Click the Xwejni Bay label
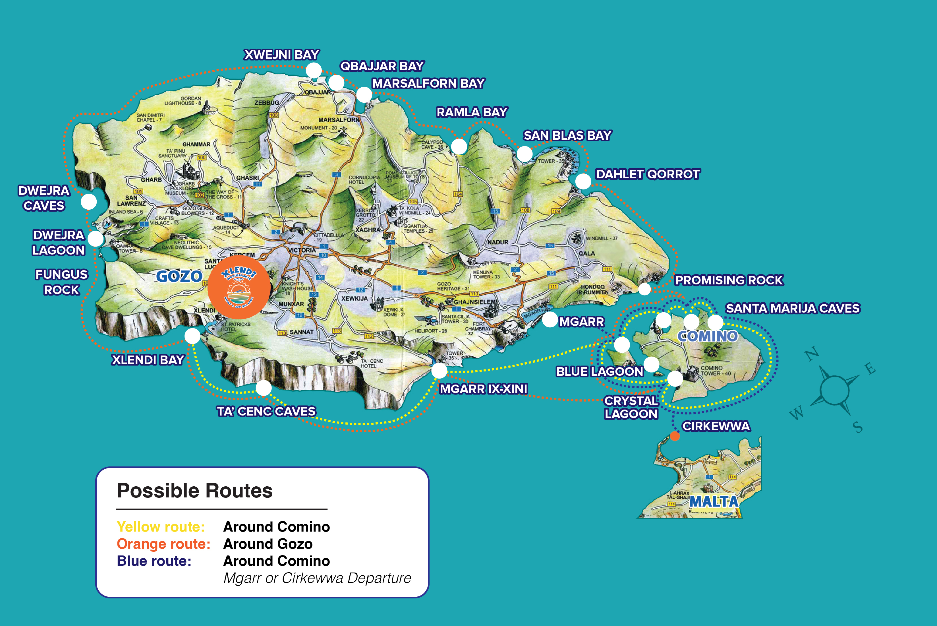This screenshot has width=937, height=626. (281, 55)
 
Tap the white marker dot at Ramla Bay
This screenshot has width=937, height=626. (459, 146)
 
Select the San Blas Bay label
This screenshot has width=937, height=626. (567, 136)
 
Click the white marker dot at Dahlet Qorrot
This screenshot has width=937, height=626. (583, 181)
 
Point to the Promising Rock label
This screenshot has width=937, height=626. (729, 280)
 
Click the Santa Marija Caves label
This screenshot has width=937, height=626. (793, 309)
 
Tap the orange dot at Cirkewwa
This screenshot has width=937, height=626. (675, 436)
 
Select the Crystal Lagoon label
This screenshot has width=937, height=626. (631, 407)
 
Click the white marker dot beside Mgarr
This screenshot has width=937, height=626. (550, 319)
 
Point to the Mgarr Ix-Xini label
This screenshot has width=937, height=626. (483, 389)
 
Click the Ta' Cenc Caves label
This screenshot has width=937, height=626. (266, 411)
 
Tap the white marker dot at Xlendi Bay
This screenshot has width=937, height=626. (192, 336)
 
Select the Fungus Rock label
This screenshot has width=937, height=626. (61, 282)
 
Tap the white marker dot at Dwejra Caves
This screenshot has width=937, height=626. (89, 202)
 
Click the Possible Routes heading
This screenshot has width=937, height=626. (195, 491)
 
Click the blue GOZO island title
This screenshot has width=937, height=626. (179, 276)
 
